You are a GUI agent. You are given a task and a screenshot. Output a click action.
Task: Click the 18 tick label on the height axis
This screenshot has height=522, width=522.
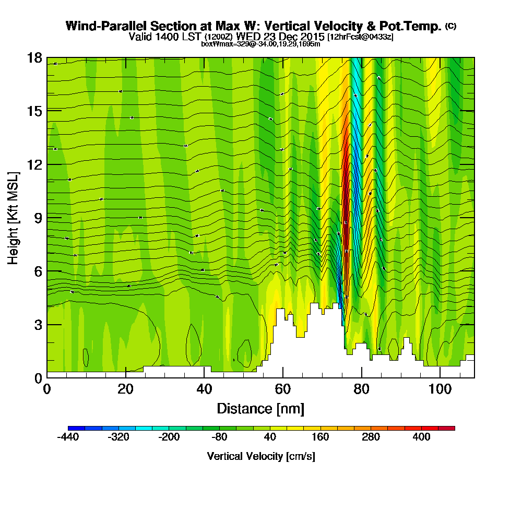pyautogui.click(x=34, y=57)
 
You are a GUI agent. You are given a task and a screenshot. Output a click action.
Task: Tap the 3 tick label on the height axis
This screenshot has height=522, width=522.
pyautogui.click(x=38, y=324)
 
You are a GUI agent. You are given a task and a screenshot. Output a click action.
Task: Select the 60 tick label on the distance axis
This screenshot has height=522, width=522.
pyautogui.click(x=282, y=389)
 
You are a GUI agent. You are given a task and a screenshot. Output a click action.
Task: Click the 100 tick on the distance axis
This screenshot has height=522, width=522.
pyautogui.click(x=440, y=377)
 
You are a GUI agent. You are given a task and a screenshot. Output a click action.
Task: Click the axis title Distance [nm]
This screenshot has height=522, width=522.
pyautogui.click(x=260, y=408)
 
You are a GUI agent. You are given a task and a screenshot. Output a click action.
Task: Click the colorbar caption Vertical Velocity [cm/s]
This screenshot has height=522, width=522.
pyautogui.click(x=261, y=456)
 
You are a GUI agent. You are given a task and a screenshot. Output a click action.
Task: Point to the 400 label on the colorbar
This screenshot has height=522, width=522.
pyautogui.click(x=421, y=437)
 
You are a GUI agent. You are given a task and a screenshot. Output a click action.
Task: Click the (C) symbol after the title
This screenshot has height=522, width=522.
pyautogui.click(x=450, y=26)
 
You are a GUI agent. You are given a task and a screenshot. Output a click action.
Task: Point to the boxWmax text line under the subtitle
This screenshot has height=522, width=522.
pyautogui.click(x=260, y=44)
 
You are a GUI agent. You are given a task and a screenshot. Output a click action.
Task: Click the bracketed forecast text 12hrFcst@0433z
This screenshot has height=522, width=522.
pyautogui.click(x=360, y=37)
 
